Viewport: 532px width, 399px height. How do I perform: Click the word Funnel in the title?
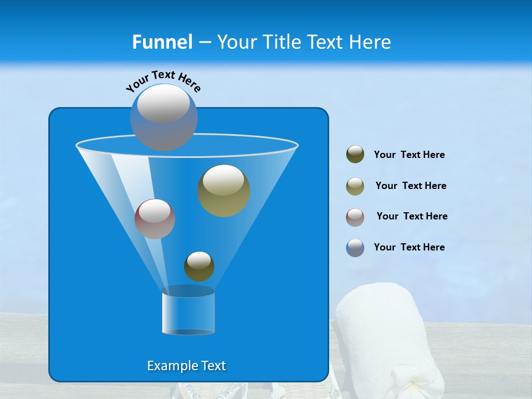[x=162, y=42]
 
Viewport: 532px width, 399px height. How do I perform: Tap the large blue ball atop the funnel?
[x=163, y=117]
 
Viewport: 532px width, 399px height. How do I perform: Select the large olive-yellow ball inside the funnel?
[x=224, y=191]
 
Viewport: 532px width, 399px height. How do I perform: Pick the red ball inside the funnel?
[x=155, y=219]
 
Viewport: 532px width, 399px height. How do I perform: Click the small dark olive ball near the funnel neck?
[x=199, y=266]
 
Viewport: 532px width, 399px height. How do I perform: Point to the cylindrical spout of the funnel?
[x=188, y=313]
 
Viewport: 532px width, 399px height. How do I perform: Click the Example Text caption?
[x=186, y=366]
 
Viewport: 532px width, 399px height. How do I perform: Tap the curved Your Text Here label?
[x=163, y=80]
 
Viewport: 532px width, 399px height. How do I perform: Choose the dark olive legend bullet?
[x=355, y=155]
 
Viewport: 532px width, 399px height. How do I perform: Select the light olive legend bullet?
[x=355, y=186]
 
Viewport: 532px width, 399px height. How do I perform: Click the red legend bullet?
[x=355, y=217]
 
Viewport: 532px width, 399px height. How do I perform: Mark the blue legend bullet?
[x=355, y=248]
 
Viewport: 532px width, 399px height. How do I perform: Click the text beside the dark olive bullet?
[x=409, y=155]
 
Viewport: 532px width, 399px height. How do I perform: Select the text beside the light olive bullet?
[x=411, y=186]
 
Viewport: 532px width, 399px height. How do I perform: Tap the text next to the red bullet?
[x=412, y=216]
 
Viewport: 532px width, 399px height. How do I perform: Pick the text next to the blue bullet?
[x=409, y=247]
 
